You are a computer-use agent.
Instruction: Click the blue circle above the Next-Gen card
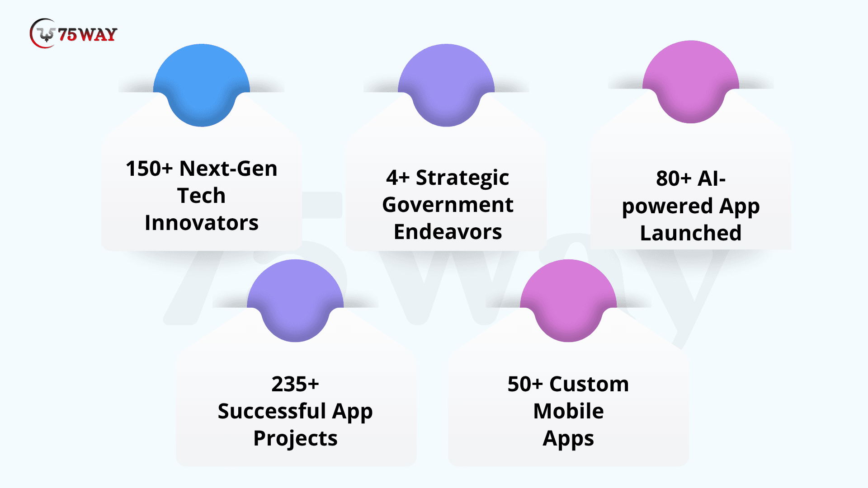(x=202, y=85)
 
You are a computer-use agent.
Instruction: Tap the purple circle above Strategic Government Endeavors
(x=446, y=85)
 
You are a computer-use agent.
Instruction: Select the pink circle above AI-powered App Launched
(x=691, y=82)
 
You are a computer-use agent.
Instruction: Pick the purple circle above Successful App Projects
(x=295, y=300)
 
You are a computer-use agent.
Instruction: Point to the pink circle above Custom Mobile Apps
(x=568, y=300)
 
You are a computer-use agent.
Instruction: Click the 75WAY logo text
(x=88, y=34)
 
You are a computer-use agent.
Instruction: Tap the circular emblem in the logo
(x=43, y=33)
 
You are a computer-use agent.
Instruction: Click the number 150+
(x=149, y=169)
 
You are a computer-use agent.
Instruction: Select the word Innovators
(x=202, y=223)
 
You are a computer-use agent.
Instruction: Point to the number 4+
(x=398, y=178)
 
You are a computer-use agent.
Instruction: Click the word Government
(x=448, y=205)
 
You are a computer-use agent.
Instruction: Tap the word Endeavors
(x=448, y=232)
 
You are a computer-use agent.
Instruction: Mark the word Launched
(x=691, y=233)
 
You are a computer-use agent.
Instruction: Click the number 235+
(x=295, y=384)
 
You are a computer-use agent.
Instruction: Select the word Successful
(x=272, y=411)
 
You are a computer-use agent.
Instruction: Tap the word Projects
(x=295, y=439)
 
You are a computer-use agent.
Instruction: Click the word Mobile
(x=568, y=411)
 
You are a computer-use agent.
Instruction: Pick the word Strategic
(x=462, y=178)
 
